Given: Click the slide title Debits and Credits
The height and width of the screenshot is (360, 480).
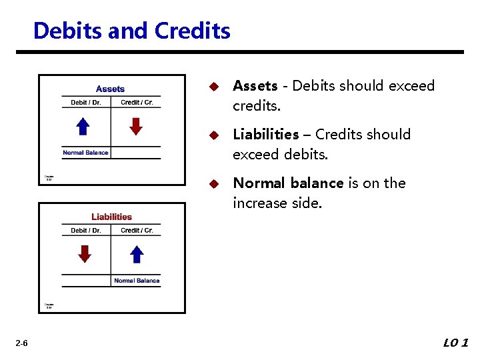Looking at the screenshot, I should pyautogui.click(x=131, y=31).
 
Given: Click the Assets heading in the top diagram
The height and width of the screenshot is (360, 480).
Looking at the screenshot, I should pyautogui.click(x=110, y=89).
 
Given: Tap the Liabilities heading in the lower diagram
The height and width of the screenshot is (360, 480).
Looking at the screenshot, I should pyautogui.click(x=111, y=217).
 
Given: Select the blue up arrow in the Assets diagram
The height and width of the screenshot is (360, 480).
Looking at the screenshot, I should pyautogui.click(x=83, y=126).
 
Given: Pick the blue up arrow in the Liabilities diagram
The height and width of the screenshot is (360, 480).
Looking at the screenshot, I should pyautogui.click(x=136, y=254).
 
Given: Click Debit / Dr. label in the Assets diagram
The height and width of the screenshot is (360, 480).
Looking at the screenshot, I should pyautogui.click(x=86, y=103).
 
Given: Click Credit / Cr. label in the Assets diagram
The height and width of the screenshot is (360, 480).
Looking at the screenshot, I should pyautogui.click(x=137, y=103).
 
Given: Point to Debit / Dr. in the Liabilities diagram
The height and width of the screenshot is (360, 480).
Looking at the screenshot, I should pyautogui.click(x=86, y=231).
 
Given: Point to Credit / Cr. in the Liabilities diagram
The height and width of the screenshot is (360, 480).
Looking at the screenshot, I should pyautogui.click(x=137, y=231).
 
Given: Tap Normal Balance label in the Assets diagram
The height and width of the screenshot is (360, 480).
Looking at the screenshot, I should pyautogui.click(x=85, y=153).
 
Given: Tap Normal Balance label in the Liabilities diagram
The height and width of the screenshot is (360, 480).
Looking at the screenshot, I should pyautogui.click(x=137, y=281).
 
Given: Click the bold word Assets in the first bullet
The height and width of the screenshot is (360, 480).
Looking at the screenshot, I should pyautogui.click(x=255, y=86).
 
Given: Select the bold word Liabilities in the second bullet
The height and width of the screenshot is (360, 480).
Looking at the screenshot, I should pyautogui.click(x=265, y=135).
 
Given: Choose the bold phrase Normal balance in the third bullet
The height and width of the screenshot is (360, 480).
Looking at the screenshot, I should pyautogui.click(x=288, y=183).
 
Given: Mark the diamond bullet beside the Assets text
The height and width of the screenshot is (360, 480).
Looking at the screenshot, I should pyautogui.click(x=213, y=87).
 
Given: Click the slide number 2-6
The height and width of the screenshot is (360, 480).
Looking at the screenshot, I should pyautogui.click(x=21, y=343).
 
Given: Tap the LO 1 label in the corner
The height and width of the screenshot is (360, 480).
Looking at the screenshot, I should pyautogui.click(x=456, y=343).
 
